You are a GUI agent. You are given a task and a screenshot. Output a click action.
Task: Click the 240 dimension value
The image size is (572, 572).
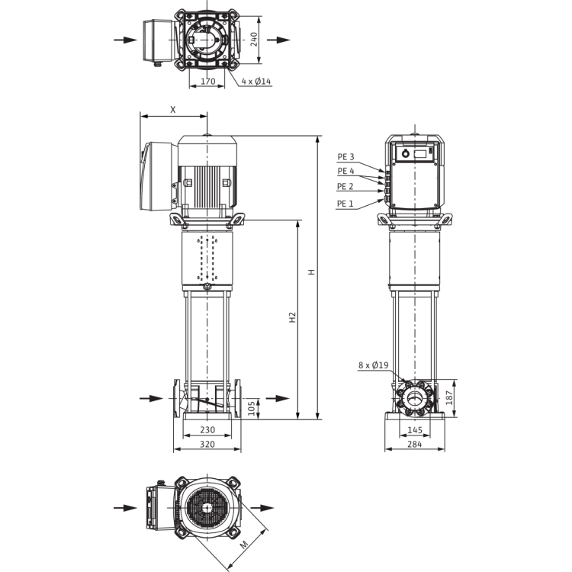pyautogui.click(x=254, y=40)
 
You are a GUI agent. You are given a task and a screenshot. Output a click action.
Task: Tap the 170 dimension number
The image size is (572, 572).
pyautogui.click(x=207, y=81)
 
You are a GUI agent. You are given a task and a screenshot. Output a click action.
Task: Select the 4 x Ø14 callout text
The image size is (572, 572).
pyautogui.click(x=256, y=81)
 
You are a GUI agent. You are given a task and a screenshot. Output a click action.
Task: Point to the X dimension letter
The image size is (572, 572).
pyautogui.click(x=173, y=109)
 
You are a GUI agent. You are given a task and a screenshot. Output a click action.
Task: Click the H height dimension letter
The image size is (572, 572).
pyautogui.click(x=311, y=272)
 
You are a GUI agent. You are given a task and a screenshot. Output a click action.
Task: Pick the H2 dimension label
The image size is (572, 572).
pyautogui.click(x=292, y=317)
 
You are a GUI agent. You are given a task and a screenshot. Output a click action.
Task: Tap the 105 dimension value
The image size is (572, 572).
pyautogui.click(x=252, y=408)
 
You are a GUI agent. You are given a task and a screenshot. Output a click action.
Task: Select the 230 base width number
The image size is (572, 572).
pyautogui.click(x=207, y=429)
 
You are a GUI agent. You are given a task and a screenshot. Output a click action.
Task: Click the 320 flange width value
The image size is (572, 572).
pyautogui.click(x=207, y=444)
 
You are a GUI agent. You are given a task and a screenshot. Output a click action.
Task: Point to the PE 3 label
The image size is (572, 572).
pyautogui.click(x=345, y=157)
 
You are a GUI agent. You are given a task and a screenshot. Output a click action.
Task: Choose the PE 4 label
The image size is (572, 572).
pyautogui.click(x=345, y=171)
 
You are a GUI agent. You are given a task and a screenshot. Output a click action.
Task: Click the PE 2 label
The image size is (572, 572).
pyautogui.click(x=345, y=186)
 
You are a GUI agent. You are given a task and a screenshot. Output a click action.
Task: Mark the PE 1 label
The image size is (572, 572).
pyautogui.click(x=345, y=204)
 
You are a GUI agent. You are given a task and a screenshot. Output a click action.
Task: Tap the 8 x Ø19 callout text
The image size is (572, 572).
pyautogui.click(x=374, y=365)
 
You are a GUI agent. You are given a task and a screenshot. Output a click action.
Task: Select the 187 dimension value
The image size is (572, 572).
pyautogui.click(x=449, y=397)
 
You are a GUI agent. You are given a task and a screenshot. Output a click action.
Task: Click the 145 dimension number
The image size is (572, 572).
pyautogui.click(x=415, y=429)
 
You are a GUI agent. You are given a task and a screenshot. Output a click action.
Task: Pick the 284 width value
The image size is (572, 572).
pyautogui.click(x=415, y=444)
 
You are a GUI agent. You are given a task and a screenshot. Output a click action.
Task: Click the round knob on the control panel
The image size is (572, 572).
pyautogui.click(x=405, y=153)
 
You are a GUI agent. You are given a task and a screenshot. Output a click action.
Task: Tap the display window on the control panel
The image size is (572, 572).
pyautogui.click(x=420, y=153)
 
